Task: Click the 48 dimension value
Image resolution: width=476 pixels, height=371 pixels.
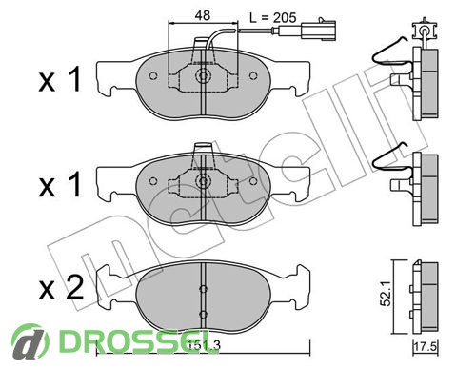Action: coord(203,15)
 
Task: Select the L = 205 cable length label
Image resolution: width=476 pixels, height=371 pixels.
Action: coord(273,17)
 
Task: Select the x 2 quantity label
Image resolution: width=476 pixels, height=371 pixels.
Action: coord(61,288)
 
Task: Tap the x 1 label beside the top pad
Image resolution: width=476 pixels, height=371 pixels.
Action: coord(60,80)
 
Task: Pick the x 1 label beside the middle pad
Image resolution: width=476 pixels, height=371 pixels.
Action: coord(60,185)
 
